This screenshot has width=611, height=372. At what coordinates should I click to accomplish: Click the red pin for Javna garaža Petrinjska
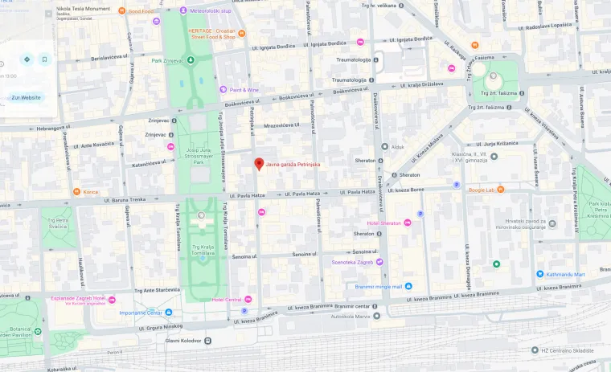pos(259,164)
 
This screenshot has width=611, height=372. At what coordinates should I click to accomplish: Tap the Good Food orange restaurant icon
pos(121,11)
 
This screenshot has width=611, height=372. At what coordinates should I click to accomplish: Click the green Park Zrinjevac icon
pos(191,60)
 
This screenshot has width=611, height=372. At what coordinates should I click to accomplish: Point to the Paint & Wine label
pos(244,90)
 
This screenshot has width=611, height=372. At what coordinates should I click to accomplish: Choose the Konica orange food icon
pos(76,192)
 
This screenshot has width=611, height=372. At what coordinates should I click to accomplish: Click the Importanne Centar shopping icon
pos(169,313)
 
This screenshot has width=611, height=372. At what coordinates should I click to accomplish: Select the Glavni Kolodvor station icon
pos(207,341)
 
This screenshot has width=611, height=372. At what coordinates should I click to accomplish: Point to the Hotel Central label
pos(228,300)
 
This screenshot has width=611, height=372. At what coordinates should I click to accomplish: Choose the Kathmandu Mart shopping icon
pos(539,274)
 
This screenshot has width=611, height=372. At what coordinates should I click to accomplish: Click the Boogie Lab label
pos(481,190)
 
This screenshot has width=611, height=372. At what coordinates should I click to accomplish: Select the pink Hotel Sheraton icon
pos(407,223)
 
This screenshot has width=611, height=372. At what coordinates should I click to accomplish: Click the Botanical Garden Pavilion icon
pos(37,330)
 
